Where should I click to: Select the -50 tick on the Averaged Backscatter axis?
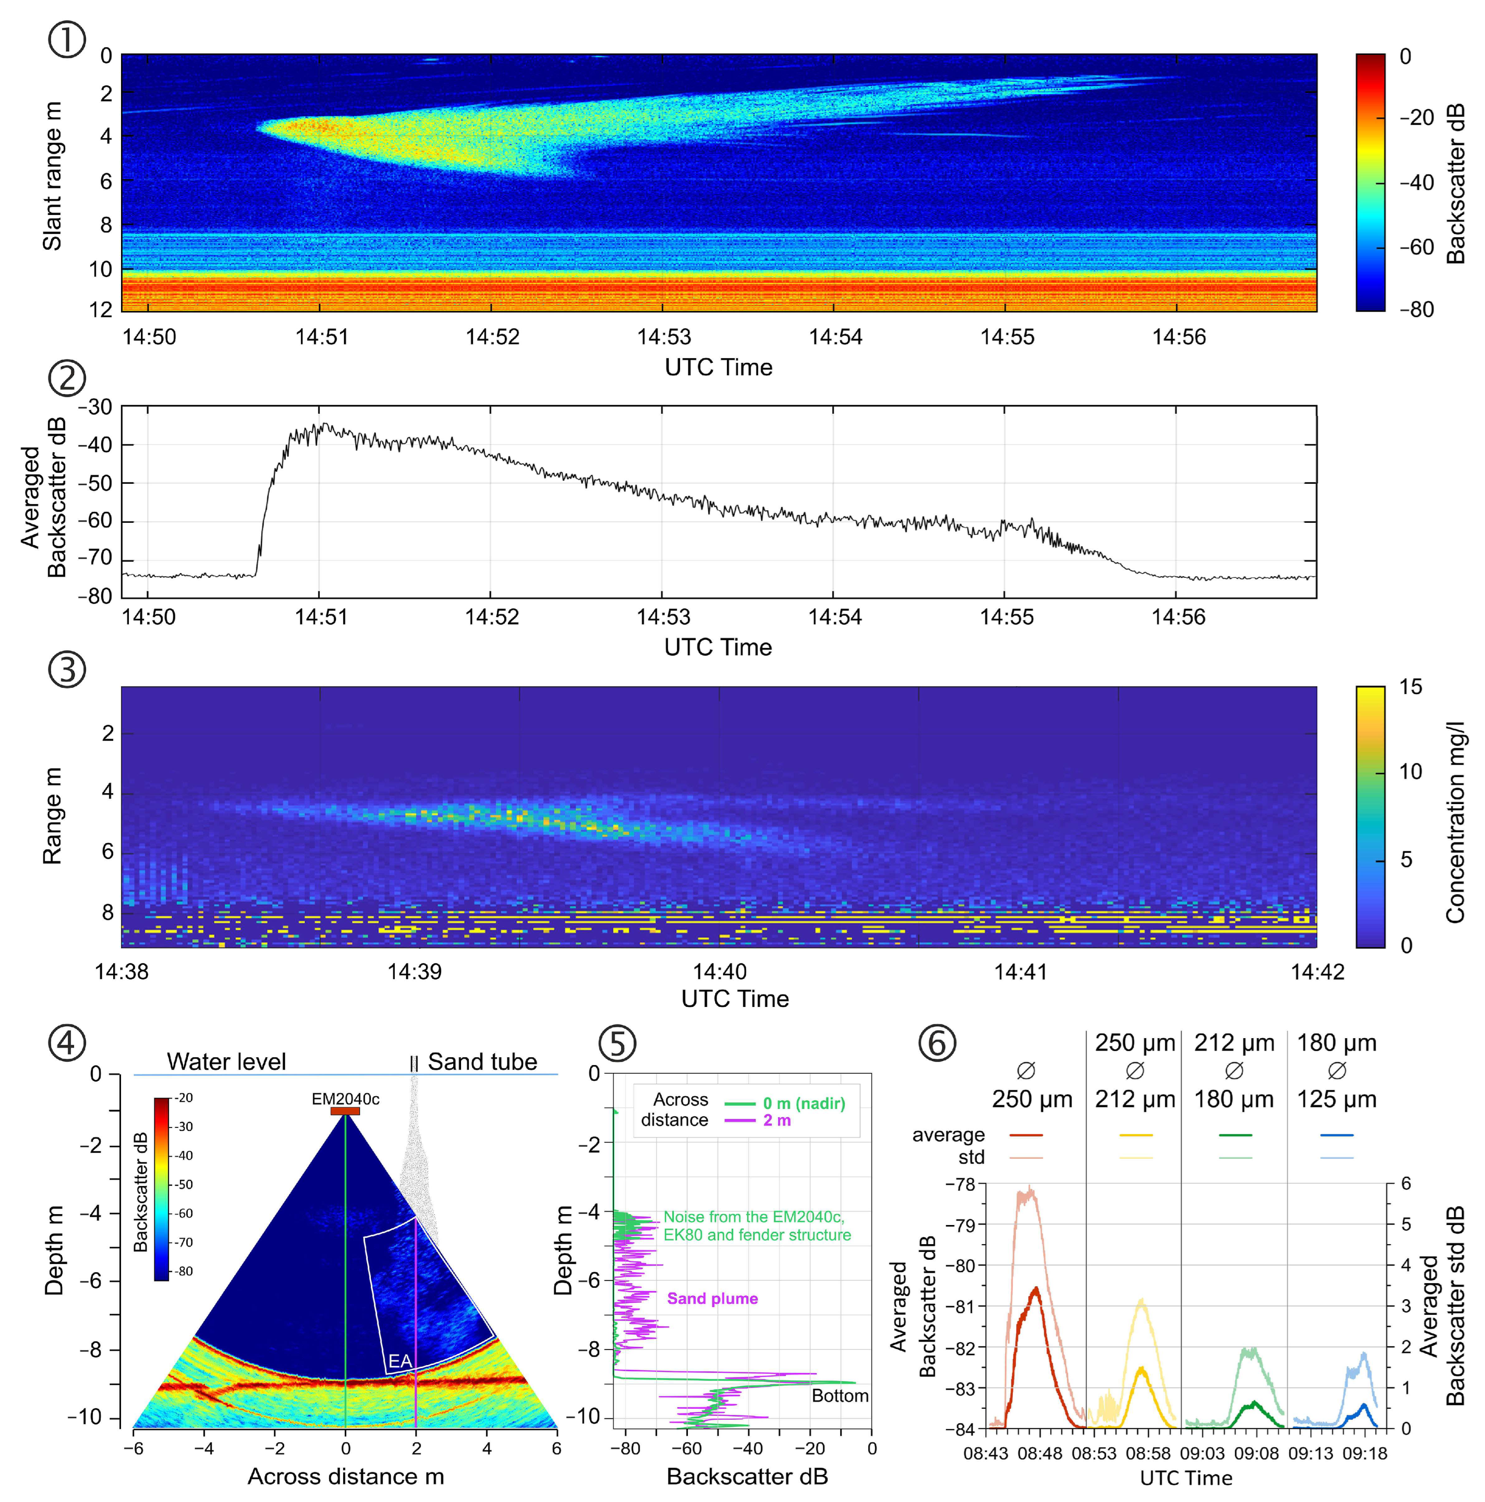point(96,483)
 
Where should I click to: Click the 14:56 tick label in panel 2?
point(1178,617)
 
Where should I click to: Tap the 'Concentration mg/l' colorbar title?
point(1455,822)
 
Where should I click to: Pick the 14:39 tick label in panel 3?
point(415,972)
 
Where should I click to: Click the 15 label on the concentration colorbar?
point(1410,687)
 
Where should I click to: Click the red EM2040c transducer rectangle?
point(345,1111)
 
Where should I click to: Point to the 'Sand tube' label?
point(482,1062)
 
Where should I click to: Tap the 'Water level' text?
point(226,1062)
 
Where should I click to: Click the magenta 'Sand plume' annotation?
point(712,1298)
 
